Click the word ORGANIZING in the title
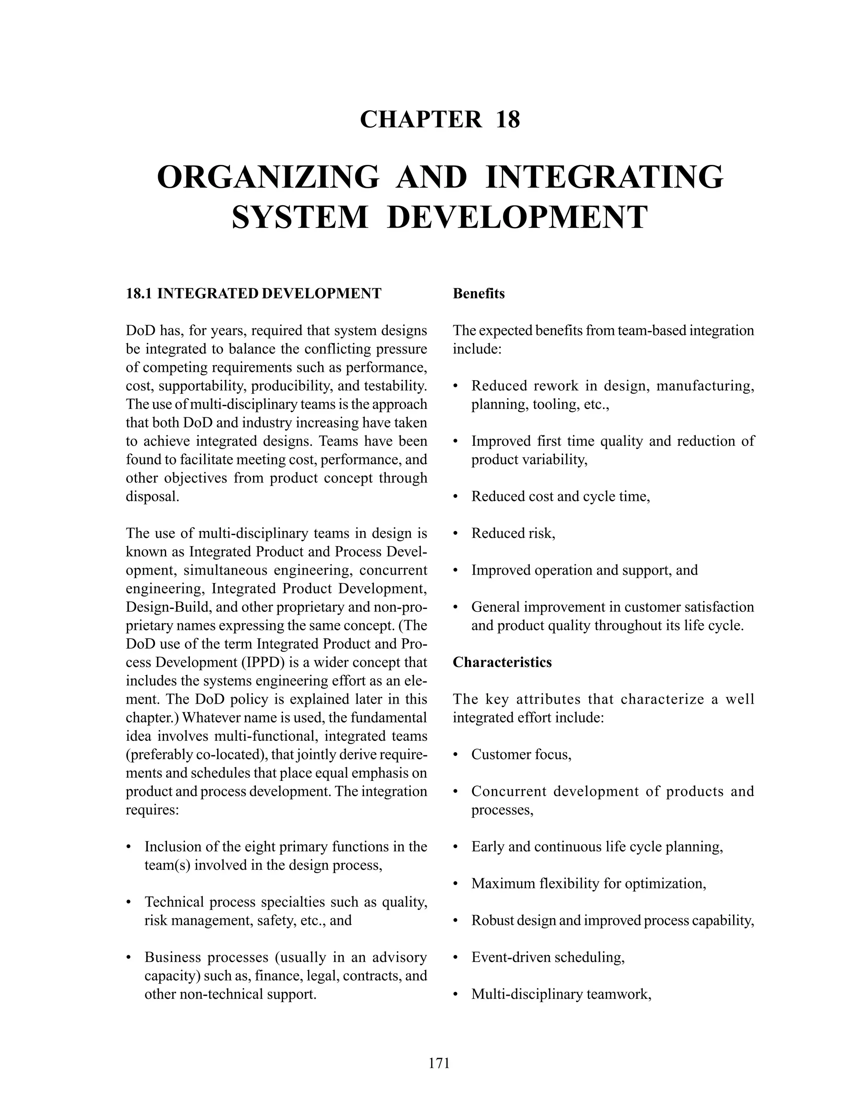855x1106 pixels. click(x=268, y=177)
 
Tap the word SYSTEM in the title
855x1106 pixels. click(x=300, y=217)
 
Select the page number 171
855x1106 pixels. click(x=439, y=1063)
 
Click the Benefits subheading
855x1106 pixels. click(x=479, y=294)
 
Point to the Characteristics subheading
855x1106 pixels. click(x=502, y=662)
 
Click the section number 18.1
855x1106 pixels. click(x=139, y=294)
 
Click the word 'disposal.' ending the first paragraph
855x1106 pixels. click(x=152, y=496)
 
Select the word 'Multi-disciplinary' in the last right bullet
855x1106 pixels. click(x=527, y=994)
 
